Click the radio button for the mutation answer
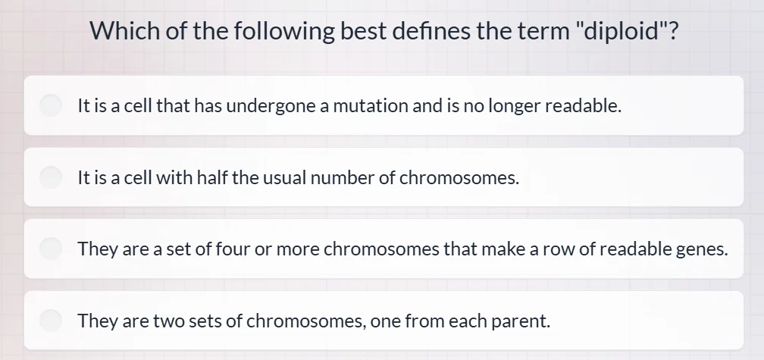tap(51, 105)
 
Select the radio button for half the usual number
tap(51, 177)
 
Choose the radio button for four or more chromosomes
tap(51, 249)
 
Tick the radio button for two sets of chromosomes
tap(51, 321)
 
